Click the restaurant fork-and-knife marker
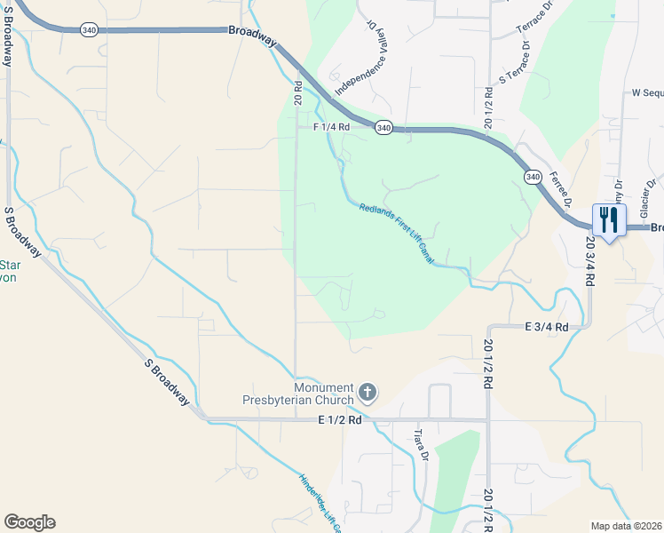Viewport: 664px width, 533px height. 609,219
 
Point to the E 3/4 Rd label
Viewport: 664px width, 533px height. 546,327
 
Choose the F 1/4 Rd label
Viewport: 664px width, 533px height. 331,127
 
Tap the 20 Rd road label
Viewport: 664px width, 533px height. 299,92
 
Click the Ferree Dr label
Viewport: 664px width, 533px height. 559,187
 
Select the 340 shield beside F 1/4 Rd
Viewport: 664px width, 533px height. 383,128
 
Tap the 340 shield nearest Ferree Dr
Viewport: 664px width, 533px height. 532,177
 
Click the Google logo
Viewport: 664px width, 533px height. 29,522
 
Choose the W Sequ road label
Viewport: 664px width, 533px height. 647,91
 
